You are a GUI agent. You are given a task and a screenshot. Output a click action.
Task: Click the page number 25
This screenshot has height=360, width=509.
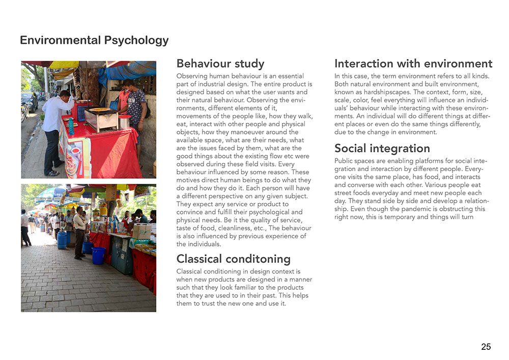[486, 347]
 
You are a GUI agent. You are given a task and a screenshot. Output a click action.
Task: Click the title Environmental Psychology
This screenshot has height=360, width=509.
[94, 40]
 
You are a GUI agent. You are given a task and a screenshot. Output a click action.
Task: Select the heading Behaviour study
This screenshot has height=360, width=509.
[220, 64]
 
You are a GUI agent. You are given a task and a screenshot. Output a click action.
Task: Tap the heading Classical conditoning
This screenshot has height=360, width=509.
[233, 259]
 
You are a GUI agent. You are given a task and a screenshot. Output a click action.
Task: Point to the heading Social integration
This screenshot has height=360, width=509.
[382, 148]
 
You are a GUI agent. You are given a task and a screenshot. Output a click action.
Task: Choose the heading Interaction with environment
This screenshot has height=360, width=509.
[413, 64]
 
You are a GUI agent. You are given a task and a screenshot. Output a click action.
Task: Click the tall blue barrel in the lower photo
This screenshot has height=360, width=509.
[62, 239]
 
